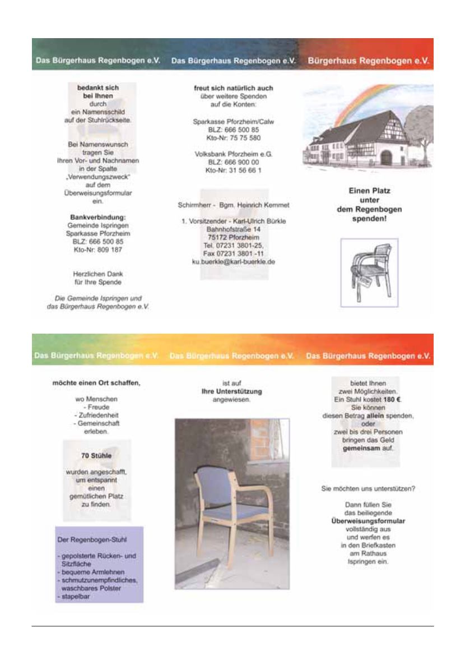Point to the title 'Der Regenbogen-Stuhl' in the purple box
pos(92,540)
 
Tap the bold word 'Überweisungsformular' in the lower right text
pos(368,521)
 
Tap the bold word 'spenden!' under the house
pos(366,218)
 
